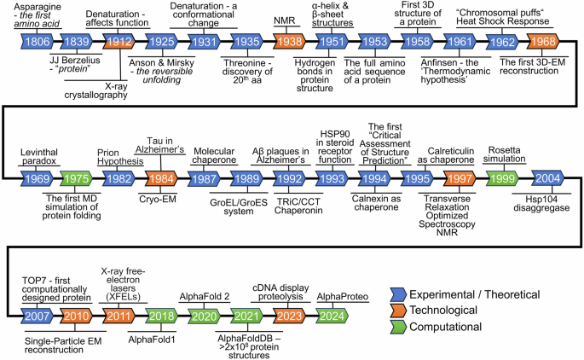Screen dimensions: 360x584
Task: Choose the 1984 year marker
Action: coord(162,177)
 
